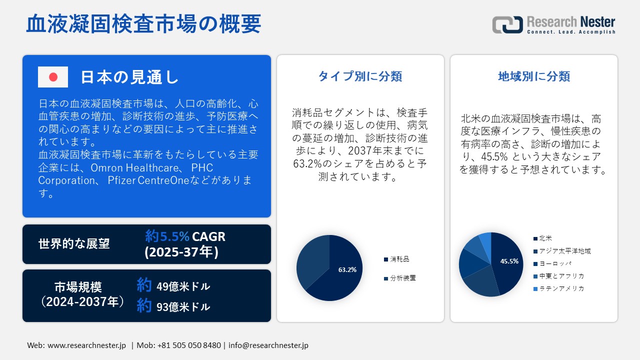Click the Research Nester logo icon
click(x=507, y=24)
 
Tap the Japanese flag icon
click(x=53, y=77)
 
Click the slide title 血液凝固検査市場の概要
click(x=143, y=24)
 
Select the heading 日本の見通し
click(x=129, y=77)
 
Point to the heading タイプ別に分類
click(x=360, y=76)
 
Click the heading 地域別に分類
click(x=534, y=76)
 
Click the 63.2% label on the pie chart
click(x=347, y=270)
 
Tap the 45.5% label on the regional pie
click(x=509, y=261)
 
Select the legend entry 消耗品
click(x=399, y=259)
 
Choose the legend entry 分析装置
click(x=402, y=278)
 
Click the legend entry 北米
click(x=545, y=238)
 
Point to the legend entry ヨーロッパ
click(x=555, y=263)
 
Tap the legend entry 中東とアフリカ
click(x=561, y=276)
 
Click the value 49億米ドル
click(x=183, y=287)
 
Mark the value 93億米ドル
click(x=183, y=307)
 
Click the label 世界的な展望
click(x=74, y=244)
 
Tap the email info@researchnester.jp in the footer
click(x=268, y=345)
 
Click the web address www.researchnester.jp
click(x=86, y=345)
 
